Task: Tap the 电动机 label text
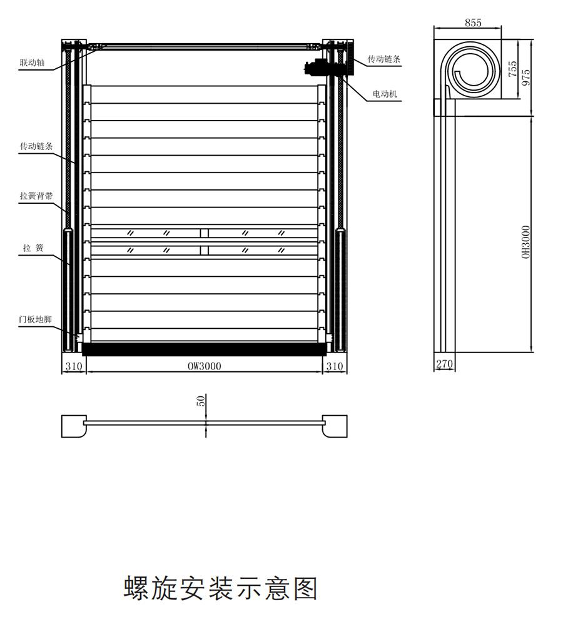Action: coord(385,94)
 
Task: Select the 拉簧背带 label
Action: coord(36,196)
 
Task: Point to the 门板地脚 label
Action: coord(35,319)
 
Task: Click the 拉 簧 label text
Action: coord(33,248)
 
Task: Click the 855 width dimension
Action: coord(473,23)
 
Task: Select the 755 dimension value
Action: coord(513,69)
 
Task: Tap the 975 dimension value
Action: coord(527,76)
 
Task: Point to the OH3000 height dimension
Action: coord(526,242)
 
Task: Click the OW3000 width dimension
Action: coord(205,366)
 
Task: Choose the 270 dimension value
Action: coord(444,363)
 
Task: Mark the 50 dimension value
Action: coord(201,401)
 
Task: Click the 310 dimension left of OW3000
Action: coord(74,366)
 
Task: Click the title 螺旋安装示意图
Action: coord(221,588)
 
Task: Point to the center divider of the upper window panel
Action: coord(205,233)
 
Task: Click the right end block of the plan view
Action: coord(335,426)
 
